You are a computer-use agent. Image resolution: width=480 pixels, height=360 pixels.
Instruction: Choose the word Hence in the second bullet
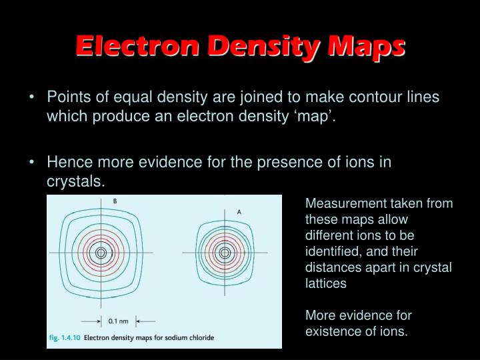66,162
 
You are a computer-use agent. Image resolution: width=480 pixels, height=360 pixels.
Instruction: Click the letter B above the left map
115,201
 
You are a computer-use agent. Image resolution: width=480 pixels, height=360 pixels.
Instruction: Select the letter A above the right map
239,211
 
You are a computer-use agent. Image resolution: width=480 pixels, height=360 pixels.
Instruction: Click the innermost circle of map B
101,253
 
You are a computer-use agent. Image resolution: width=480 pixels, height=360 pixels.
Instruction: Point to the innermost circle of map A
225,253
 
